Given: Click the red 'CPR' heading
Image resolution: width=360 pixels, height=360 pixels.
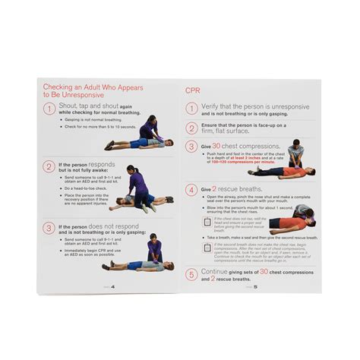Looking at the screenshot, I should pyautogui.click(x=195, y=90).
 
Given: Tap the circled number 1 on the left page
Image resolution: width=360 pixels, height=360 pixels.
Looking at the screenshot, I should pyautogui.click(x=49, y=109).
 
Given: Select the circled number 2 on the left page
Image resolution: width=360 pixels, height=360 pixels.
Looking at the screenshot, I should pyautogui.click(x=49, y=167).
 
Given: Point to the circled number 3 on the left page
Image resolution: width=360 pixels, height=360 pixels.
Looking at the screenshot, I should pyautogui.click(x=49, y=227).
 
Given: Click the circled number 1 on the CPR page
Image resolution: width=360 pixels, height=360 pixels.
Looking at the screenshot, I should pyautogui.click(x=192, y=109).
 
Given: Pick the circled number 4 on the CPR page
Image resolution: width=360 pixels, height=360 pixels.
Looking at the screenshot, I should pyautogui.click(x=192, y=189).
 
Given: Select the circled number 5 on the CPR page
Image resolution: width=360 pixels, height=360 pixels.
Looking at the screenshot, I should pyautogui.click(x=192, y=274).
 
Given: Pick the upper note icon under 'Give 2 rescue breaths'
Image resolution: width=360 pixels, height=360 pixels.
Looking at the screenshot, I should pyautogui.click(x=207, y=221).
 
